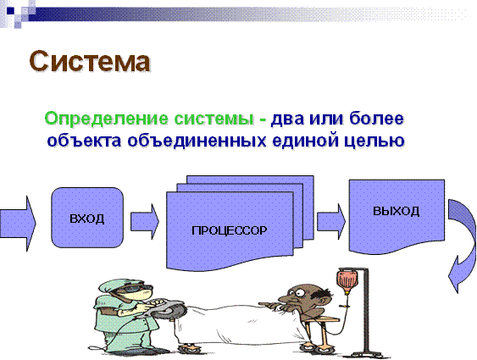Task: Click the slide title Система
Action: pos(90,62)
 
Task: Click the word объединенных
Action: pos(197,141)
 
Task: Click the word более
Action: pos(376,119)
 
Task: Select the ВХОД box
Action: pos(87,218)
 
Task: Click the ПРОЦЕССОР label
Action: pos(229,230)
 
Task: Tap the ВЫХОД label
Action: pos(396,211)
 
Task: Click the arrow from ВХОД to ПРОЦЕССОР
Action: pos(145,221)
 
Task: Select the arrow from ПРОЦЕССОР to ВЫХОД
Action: pos(331,221)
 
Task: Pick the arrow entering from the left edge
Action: pos(18,224)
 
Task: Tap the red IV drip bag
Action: pos(347,281)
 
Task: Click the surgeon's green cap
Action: pos(114,285)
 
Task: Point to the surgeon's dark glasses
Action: pos(135,288)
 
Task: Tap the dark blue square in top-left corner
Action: pos(11,10)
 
